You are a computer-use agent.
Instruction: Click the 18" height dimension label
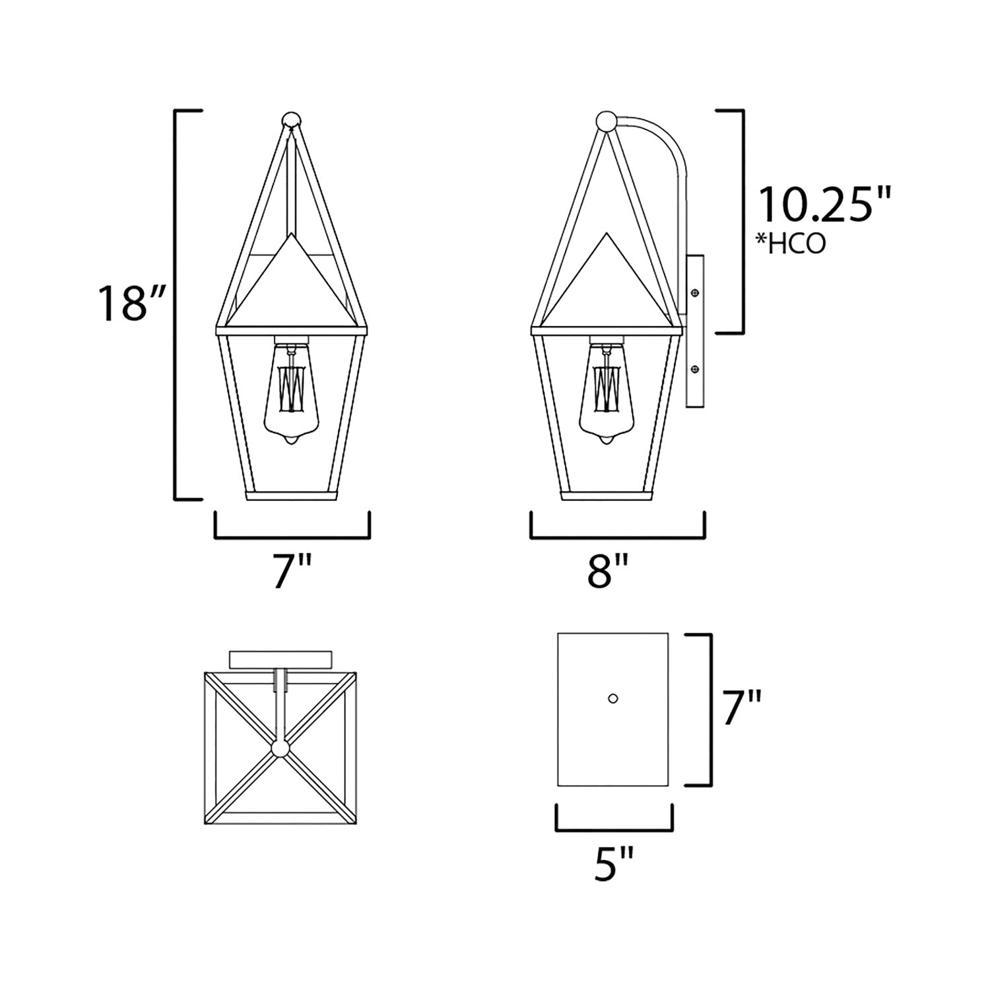coord(131,303)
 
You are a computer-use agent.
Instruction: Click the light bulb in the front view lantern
coord(291,396)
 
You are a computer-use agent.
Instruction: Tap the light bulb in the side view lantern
coord(607,396)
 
